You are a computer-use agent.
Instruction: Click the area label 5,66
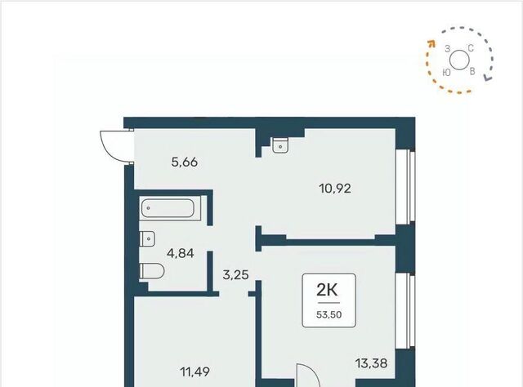tap(185, 162)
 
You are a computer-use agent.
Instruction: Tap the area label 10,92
tap(335, 189)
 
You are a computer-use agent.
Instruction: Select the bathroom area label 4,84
tap(180, 253)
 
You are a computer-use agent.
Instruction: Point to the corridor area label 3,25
tap(236, 275)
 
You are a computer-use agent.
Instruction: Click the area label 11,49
tap(195, 371)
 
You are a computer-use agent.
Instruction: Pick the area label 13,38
tap(371, 363)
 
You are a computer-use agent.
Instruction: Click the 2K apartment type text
tap(327, 290)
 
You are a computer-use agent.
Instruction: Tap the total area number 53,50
tap(329, 314)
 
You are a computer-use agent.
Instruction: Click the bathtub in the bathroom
tap(168, 208)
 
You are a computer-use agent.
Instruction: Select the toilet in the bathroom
tap(152, 271)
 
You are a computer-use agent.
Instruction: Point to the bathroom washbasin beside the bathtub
tap(147, 238)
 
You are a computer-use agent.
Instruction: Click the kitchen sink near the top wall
tap(280, 145)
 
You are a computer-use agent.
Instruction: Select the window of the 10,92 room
tap(405, 186)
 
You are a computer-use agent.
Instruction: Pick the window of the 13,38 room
tap(405, 311)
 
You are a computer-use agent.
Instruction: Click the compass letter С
tap(471, 48)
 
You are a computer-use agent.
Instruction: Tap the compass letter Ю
tap(447, 73)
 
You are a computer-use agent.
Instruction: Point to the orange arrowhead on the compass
tap(431, 42)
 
